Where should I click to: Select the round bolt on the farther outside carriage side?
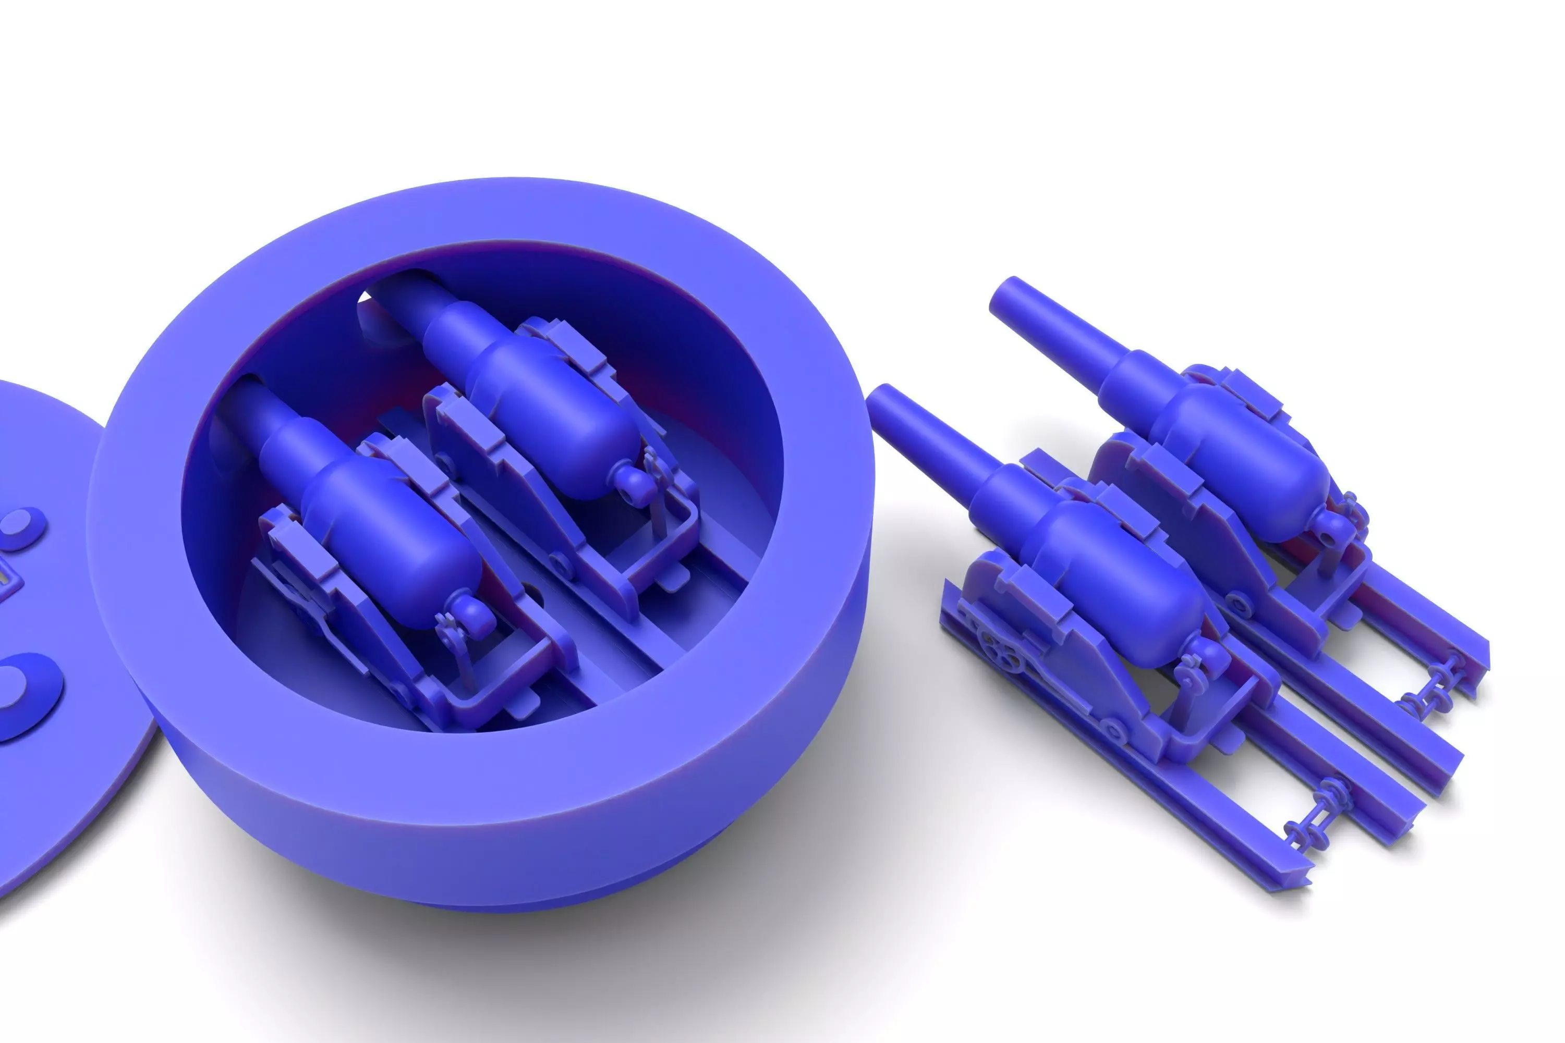click(x=1239, y=605)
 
